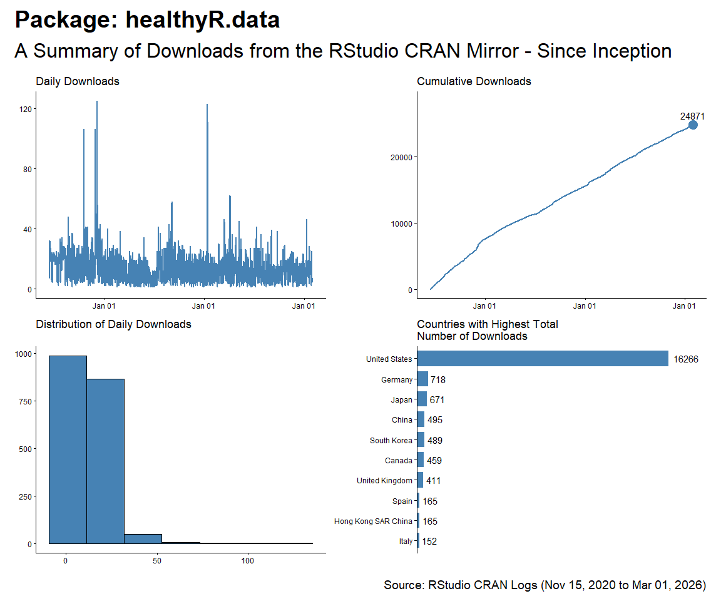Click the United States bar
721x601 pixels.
pos(543,359)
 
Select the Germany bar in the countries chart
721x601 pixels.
pos(422,379)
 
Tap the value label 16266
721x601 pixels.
pos(686,359)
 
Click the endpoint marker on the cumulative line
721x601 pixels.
pos(693,125)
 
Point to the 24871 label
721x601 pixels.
pos(693,116)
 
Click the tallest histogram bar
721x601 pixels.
pos(68,449)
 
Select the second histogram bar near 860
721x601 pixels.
pos(105,461)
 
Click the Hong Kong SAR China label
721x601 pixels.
pos(373,521)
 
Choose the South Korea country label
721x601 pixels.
pos(391,441)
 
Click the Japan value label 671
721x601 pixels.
pos(437,400)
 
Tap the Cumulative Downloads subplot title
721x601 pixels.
pos(474,81)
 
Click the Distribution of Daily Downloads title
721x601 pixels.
pos(113,324)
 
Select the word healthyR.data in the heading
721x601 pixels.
pos(203,20)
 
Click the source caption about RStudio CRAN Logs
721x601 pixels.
pos(545,585)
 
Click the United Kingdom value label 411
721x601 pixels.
pos(434,481)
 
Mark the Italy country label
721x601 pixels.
pos(406,542)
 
